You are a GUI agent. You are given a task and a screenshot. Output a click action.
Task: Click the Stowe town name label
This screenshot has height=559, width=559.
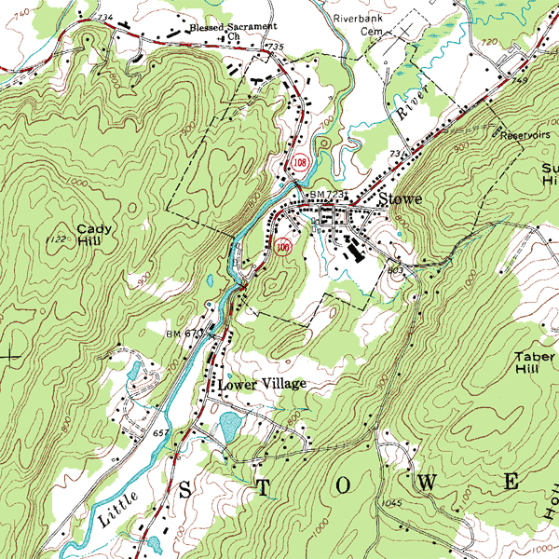point(401,199)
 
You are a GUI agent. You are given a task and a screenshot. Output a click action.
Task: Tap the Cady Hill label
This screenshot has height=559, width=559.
point(94,234)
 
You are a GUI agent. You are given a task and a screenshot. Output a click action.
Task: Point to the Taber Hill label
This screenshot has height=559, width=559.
point(535,362)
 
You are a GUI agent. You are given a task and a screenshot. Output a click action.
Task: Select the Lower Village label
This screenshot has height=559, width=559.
point(262,384)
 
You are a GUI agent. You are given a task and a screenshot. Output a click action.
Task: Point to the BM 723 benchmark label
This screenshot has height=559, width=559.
point(328,194)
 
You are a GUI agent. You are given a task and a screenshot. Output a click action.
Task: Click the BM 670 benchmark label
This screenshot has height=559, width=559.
point(184,333)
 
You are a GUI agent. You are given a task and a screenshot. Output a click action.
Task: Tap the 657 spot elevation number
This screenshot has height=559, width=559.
point(160,434)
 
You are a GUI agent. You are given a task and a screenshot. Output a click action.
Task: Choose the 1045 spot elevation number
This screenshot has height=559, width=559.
point(391,504)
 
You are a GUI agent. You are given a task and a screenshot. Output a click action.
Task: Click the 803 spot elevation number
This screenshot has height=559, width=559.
point(394,269)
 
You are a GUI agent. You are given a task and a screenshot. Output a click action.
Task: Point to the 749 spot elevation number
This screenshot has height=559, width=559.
point(519,82)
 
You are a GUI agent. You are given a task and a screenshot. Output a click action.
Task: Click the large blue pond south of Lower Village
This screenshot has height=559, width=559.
point(228,428)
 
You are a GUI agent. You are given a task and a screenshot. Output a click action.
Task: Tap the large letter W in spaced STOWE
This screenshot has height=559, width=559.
point(429,484)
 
